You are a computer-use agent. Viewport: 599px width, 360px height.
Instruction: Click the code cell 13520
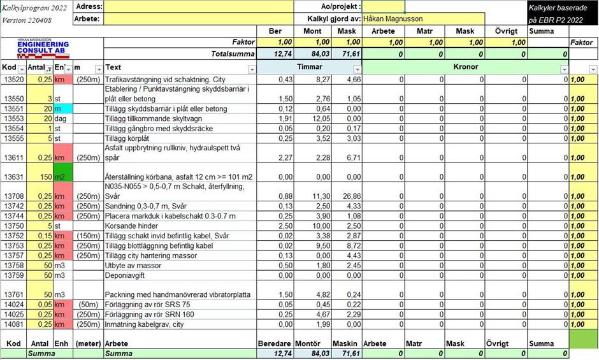pos(13,80)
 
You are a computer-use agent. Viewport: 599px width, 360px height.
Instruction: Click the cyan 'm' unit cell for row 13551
pos(62,109)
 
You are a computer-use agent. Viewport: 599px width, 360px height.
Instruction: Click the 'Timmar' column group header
pos(309,67)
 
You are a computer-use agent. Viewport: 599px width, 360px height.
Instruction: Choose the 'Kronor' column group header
pos(465,67)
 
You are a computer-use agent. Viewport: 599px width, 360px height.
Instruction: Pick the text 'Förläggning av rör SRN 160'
pos(151,314)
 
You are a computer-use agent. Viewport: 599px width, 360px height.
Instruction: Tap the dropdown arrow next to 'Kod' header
pos(22,69)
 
